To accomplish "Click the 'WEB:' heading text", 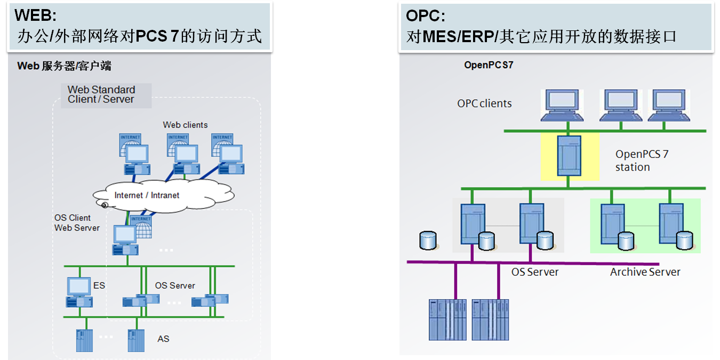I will point(35,14).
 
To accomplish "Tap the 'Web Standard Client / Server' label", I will point(101,94).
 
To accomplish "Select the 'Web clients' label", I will point(185,125).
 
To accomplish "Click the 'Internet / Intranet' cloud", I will point(147,195).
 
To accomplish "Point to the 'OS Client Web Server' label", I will point(77,223).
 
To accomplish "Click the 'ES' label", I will point(99,285).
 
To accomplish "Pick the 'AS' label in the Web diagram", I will point(163,339).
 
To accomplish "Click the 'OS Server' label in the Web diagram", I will point(175,285).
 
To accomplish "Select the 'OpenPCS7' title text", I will point(489,66).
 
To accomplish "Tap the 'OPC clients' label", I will point(484,103).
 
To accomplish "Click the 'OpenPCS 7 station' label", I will point(642,161).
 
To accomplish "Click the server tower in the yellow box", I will point(569,156).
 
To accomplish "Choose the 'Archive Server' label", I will point(645,272).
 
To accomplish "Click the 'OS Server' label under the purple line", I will point(535,272).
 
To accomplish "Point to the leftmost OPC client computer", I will point(566,105).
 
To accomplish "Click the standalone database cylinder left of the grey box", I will point(428,241).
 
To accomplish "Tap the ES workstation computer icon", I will point(79,293).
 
